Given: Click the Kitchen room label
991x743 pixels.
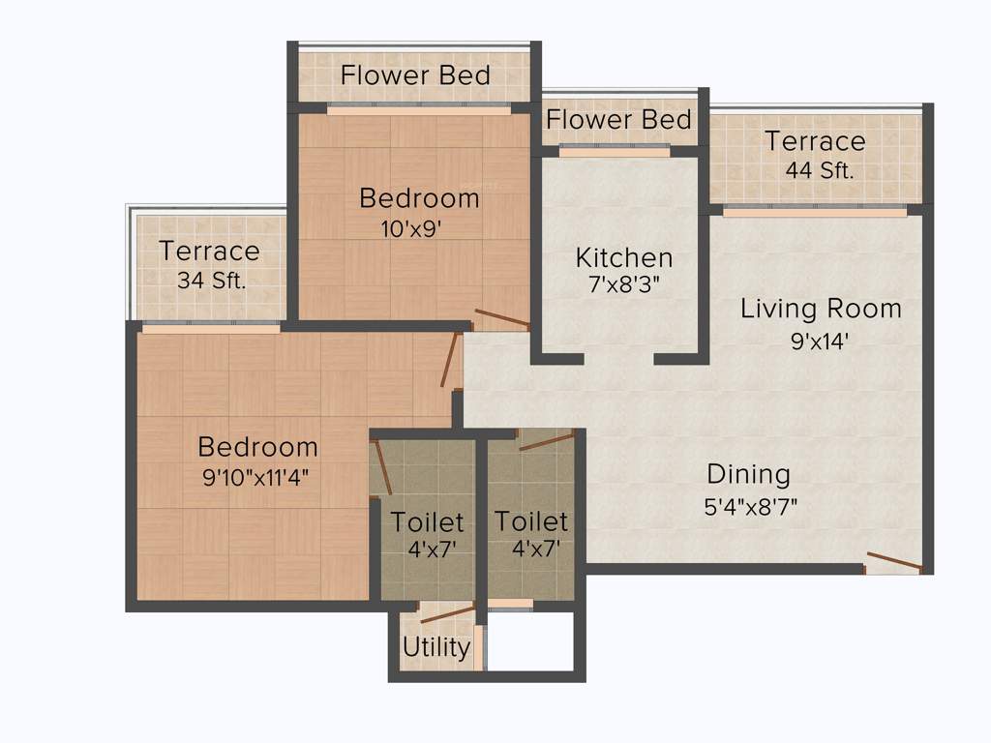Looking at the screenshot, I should point(623,258).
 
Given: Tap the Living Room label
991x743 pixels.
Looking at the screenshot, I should point(821,309).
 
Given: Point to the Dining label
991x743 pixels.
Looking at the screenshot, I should point(748,474).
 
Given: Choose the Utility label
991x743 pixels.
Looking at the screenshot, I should point(436,647).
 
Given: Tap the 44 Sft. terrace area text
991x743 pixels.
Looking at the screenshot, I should point(820,171).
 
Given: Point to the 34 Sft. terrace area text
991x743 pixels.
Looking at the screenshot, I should point(212,281).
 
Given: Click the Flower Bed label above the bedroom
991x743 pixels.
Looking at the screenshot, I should point(415,74).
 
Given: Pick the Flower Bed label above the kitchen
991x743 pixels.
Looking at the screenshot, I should point(618,120).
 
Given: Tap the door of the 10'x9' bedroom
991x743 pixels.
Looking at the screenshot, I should point(502,317).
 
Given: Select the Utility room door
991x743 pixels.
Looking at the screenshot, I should point(447,612).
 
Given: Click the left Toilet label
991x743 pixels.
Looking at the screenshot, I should point(427,522).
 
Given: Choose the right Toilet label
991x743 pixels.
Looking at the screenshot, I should point(531,521).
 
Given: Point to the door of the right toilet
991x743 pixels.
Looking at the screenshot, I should point(547,441).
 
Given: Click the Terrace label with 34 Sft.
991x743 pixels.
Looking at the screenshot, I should point(209,252).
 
